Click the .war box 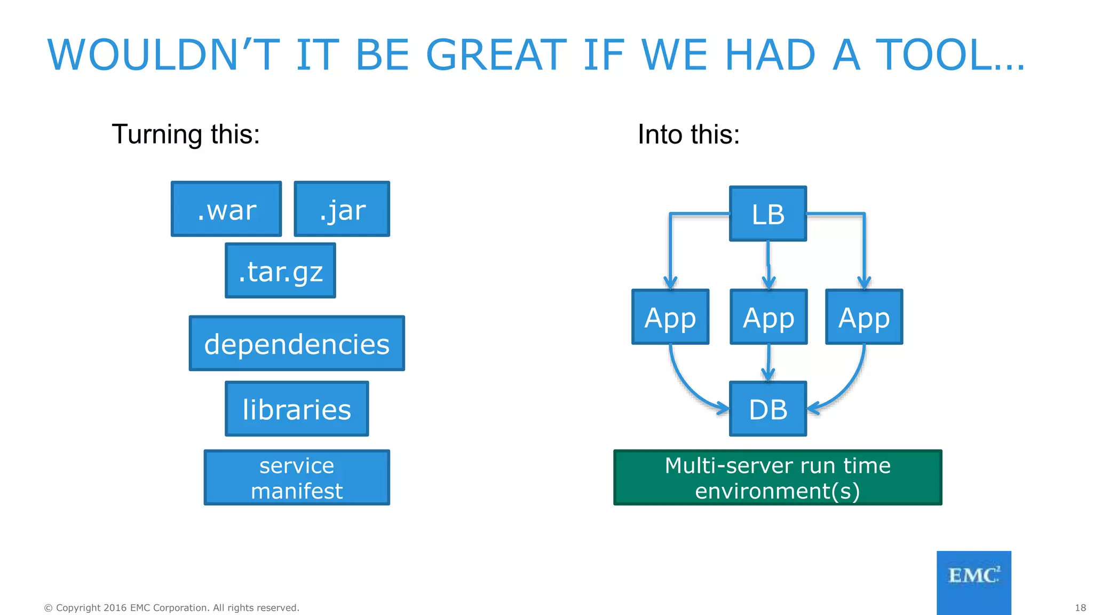tap(226, 209)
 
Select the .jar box tap(342, 209)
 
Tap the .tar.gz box tap(281, 271)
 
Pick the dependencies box tap(297, 343)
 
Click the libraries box tap(297, 409)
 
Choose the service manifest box tap(297, 477)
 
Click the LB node tap(768, 214)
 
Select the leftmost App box tap(670, 317)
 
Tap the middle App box tap(769, 317)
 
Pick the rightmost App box tap(864, 317)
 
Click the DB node tap(768, 409)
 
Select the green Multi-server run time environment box tap(778, 477)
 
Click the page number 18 tap(1080, 608)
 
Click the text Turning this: tap(186, 134)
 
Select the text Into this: tap(688, 134)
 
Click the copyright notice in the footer tap(171, 608)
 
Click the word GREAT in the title tap(496, 55)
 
